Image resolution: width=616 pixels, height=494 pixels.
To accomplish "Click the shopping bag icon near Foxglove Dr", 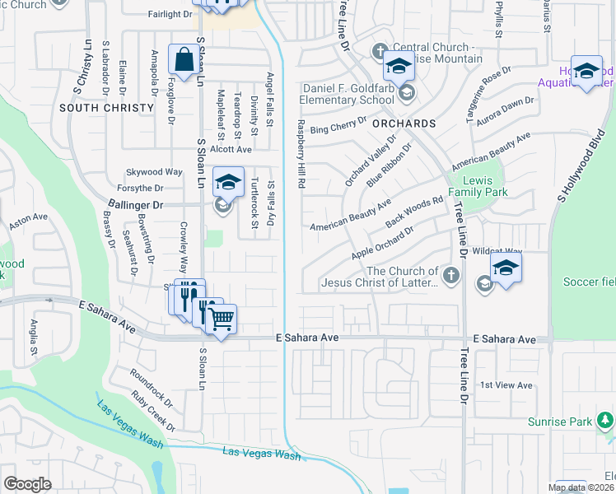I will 182,59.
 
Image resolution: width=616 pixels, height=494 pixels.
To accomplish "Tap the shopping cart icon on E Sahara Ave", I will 220,318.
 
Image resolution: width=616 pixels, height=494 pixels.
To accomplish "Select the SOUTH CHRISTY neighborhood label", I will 106,108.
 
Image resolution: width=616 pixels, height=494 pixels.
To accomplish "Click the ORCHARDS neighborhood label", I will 404,123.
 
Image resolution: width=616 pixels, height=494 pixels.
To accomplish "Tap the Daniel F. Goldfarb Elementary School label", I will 338,94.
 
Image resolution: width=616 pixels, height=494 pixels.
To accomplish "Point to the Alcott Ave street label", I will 231,149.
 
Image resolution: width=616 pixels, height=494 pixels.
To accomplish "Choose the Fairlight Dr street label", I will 170,14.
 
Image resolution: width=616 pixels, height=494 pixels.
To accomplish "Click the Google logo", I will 27,483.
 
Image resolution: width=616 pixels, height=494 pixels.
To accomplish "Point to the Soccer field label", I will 589,282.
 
